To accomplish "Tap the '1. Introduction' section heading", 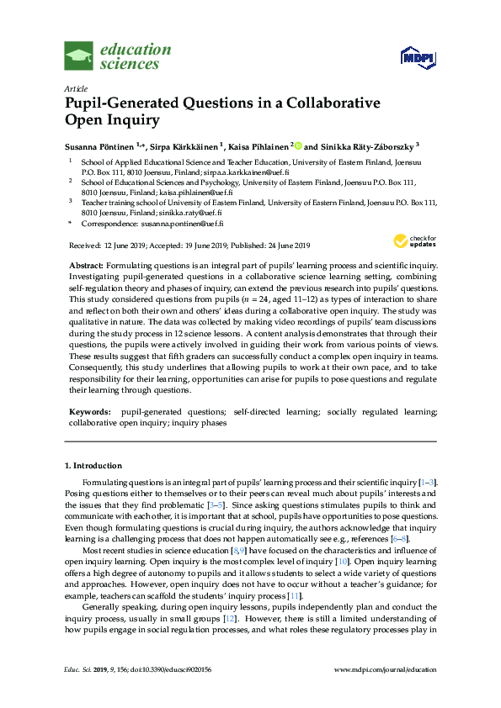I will point(93,465).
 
